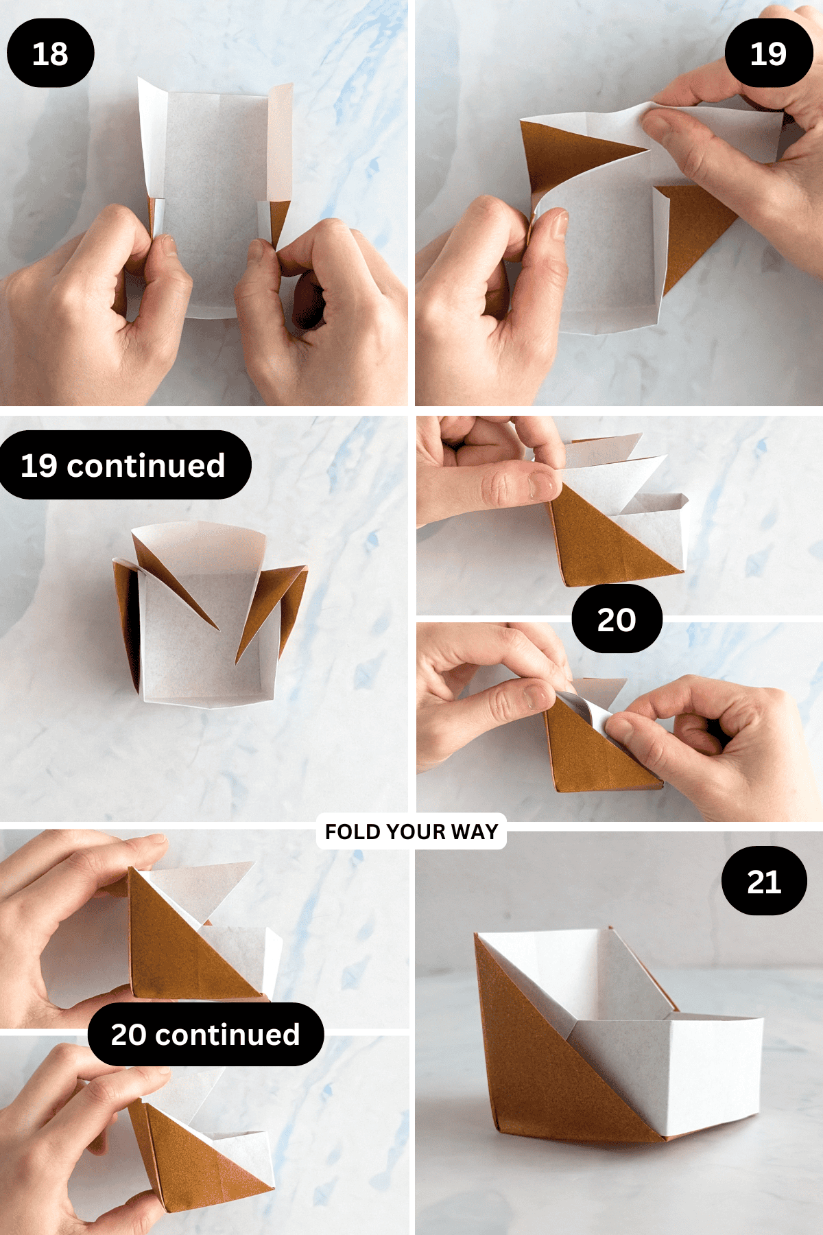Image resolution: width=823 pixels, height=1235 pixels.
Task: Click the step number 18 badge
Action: coord(50,53)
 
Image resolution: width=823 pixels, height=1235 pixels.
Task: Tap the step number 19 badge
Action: coord(768,53)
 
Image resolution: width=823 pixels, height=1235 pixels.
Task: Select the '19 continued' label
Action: coord(123,465)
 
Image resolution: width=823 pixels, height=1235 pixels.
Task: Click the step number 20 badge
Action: coord(617,619)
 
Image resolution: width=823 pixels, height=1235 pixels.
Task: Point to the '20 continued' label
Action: coord(205,1034)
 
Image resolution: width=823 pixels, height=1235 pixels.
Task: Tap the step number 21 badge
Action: coord(764,881)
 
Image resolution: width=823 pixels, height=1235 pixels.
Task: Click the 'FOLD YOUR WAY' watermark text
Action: coord(411,832)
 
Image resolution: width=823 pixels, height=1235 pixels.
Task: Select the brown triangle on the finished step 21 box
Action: coord(535,1070)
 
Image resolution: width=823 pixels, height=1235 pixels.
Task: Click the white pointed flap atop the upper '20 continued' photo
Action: coord(206,885)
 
